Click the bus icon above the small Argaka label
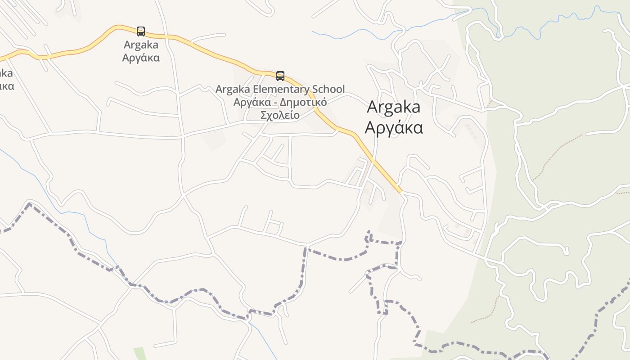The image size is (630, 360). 141,31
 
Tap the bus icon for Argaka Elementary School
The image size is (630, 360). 280,76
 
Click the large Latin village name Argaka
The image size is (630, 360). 394,107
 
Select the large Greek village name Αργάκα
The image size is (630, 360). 394,128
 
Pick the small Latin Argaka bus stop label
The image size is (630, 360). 141,45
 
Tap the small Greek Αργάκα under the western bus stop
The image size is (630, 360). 141,58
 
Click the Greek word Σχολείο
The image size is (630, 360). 280,115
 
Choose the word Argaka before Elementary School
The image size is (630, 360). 231,89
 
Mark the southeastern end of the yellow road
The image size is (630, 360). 400,191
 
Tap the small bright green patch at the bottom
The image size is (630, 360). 139,353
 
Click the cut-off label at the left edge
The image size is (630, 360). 5,80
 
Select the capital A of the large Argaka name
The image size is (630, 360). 372,107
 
